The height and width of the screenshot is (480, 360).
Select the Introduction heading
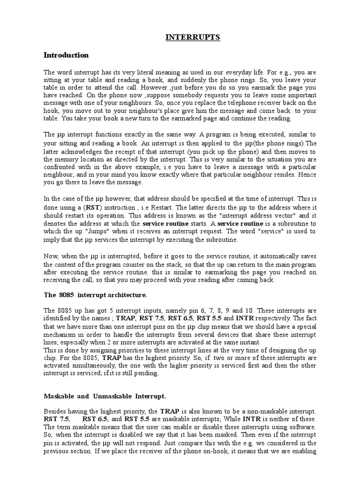coord(66,55)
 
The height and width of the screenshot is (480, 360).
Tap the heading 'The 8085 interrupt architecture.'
coord(95,295)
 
